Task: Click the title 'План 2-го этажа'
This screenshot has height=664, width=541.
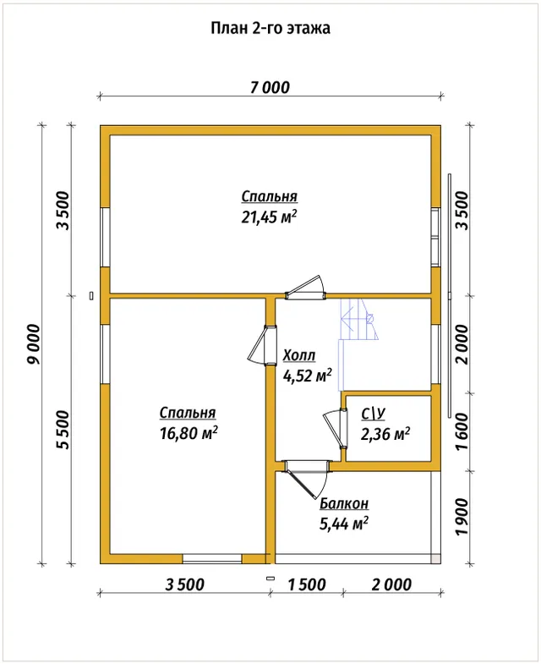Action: (x=270, y=28)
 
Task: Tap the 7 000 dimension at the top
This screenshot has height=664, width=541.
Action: (x=270, y=88)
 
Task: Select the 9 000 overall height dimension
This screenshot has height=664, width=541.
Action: (x=34, y=344)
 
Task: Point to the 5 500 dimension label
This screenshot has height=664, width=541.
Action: (x=63, y=430)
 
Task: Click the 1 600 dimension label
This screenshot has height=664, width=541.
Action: (x=462, y=432)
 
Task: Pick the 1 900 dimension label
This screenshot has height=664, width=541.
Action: (x=462, y=517)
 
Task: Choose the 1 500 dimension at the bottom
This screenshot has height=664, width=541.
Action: (x=307, y=584)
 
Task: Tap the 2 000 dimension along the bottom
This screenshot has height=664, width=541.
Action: (x=391, y=584)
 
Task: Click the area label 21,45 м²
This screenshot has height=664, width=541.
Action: (x=269, y=217)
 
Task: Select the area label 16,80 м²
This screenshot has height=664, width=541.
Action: (x=189, y=433)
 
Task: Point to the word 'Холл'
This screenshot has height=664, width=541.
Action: (x=299, y=355)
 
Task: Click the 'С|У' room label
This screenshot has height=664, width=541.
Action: (x=373, y=414)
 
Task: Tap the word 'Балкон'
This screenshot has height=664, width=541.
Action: (x=344, y=503)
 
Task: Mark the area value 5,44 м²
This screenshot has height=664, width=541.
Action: (x=344, y=524)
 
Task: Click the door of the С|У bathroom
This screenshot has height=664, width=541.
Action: (x=336, y=429)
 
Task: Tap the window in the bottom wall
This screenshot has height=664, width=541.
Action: (x=212, y=558)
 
